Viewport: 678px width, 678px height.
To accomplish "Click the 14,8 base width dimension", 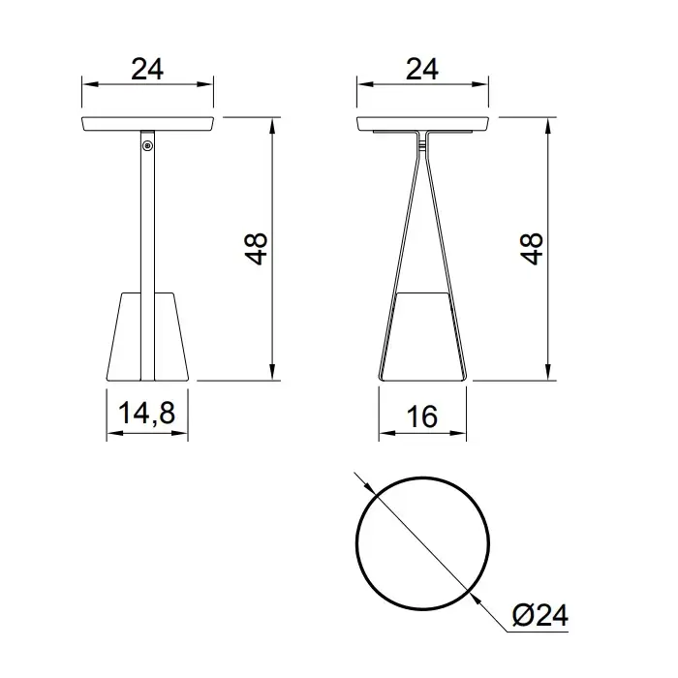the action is pyautogui.click(x=146, y=413).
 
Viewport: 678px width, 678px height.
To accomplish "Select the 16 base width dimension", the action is pyautogui.click(x=422, y=416).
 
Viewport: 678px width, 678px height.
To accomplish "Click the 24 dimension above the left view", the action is pyautogui.click(x=147, y=69).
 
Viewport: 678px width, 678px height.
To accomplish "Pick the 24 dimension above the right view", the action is pyautogui.click(x=422, y=69).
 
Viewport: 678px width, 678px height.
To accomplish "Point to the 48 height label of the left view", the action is pyautogui.click(x=256, y=249).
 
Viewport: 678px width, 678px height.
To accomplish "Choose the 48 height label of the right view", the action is pyautogui.click(x=531, y=249).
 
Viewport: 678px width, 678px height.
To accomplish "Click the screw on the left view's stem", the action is pyautogui.click(x=148, y=146).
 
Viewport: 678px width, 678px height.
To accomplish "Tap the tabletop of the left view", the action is pyautogui.click(x=147, y=123).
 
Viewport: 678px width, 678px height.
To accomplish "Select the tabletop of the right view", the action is pyautogui.click(x=422, y=123).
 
